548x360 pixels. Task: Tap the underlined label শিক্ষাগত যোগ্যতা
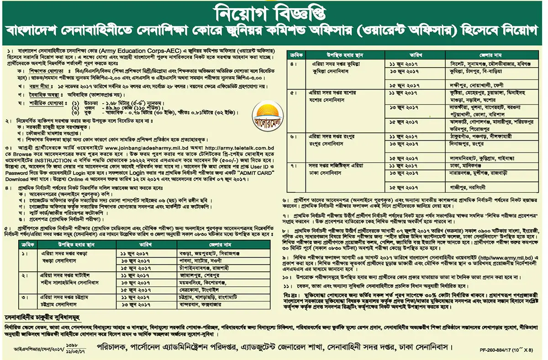tap(45, 72)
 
